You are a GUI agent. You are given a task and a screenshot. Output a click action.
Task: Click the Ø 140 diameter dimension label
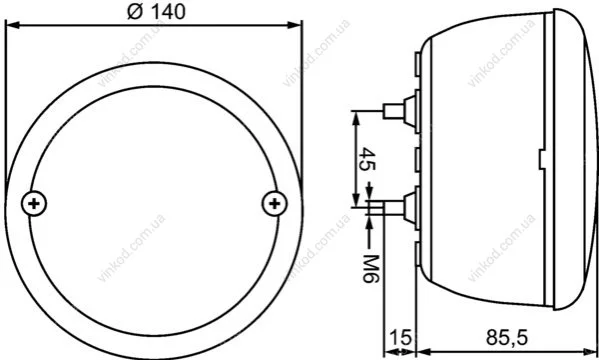156,11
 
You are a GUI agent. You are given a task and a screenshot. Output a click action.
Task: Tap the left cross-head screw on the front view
34,204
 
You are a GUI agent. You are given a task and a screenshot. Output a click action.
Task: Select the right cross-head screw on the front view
275,204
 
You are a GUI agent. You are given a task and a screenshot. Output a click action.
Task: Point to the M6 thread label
370,268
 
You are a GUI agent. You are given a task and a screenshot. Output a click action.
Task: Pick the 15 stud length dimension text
400,337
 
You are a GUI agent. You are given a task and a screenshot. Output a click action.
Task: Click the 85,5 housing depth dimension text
507,337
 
